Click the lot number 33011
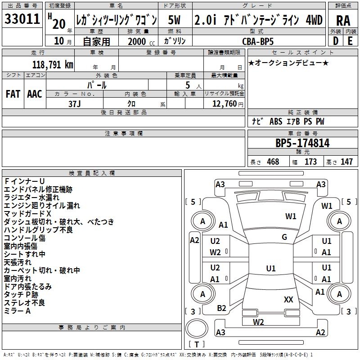coord(22,19)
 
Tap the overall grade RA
coord(343,20)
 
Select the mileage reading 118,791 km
coord(53,65)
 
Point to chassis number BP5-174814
coord(302,143)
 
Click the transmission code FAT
coord(13,94)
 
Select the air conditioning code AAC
coord(35,94)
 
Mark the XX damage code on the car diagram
coord(288,299)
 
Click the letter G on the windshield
coord(284,237)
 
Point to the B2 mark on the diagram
coord(222,308)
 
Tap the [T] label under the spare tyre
coord(197,345)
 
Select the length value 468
coord(273,162)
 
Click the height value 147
coord(346,162)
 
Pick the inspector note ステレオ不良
coord(24,303)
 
